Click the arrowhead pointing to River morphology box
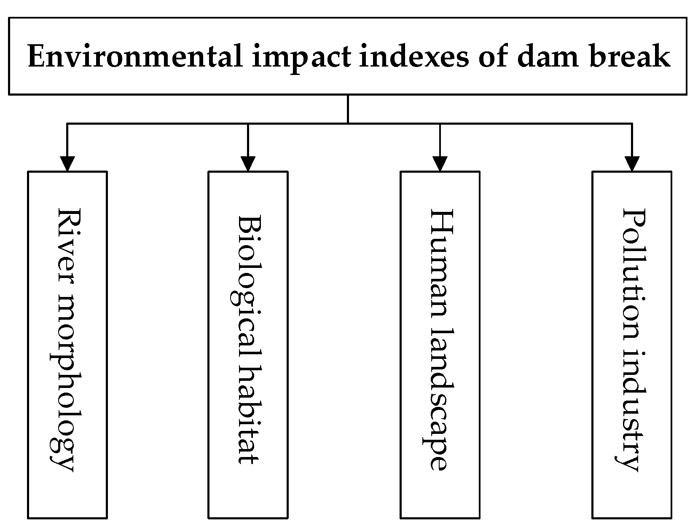coord(67,163)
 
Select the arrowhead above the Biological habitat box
coord(248,163)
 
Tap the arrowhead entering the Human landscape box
coord(440,163)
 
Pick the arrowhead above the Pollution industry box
coord(631,163)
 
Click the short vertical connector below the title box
coord(348,109)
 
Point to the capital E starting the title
coord(36,57)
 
